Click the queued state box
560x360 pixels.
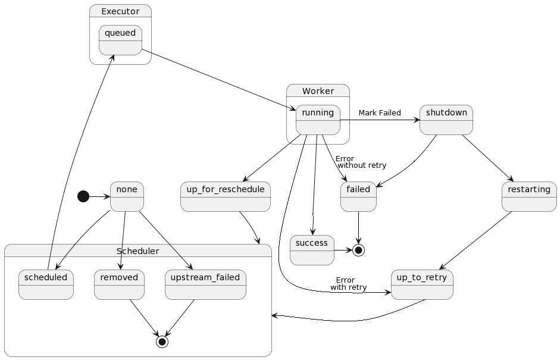[x=120, y=40]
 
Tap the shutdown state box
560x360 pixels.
[x=446, y=120]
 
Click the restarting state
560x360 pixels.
[x=529, y=196]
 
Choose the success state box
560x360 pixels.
[x=312, y=250]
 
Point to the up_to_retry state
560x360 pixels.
[x=422, y=284]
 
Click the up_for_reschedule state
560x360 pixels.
[x=225, y=196]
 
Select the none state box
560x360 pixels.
[x=127, y=196]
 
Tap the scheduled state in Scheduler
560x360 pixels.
[x=46, y=284]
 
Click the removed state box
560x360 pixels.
[x=119, y=284]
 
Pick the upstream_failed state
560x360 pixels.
[x=205, y=284]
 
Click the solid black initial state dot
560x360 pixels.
[x=84, y=196]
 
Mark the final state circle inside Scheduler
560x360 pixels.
[x=162, y=342]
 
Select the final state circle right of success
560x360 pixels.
[x=358, y=250]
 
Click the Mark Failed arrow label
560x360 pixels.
[x=379, y=113]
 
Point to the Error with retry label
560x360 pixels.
[x=348, y=284]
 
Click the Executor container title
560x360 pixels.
[x=120, y=11]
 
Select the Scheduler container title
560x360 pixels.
[x=137, y=251]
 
